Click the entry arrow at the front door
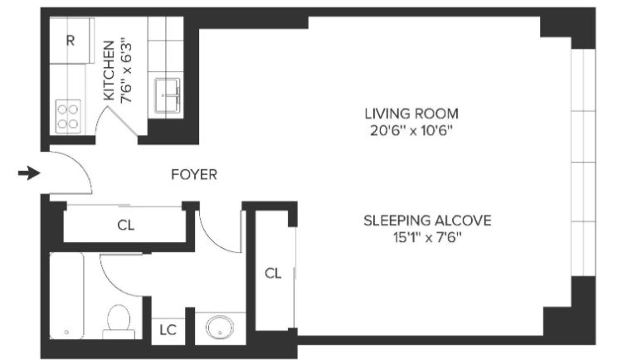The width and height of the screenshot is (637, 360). [29, 173]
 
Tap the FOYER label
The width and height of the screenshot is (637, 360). [194, 175]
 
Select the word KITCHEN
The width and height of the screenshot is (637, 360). [109, 71]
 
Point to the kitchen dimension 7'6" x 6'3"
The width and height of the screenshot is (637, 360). [127, 71]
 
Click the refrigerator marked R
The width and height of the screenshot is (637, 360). [70, 41]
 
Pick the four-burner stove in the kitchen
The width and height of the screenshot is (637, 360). [67, 116]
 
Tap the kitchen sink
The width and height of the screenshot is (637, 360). [168, 95]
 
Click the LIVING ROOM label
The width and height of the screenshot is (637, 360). [411, 114]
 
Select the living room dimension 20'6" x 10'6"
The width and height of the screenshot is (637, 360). [411, 131]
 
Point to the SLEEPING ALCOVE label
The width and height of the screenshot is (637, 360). [427, 221]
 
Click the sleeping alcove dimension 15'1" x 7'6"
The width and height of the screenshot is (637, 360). [427, 237]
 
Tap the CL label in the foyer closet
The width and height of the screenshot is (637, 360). [125, 225]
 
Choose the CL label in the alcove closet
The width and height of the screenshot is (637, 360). [273, 274]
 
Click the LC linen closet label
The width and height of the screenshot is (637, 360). [168, 330]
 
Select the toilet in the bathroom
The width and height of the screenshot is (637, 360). [119, 321]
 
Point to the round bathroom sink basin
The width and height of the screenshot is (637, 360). [219, 327]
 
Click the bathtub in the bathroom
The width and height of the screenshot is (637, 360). [66, 295]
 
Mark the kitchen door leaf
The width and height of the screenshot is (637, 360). [123, 120]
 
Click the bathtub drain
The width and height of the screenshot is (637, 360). [66, 332]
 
